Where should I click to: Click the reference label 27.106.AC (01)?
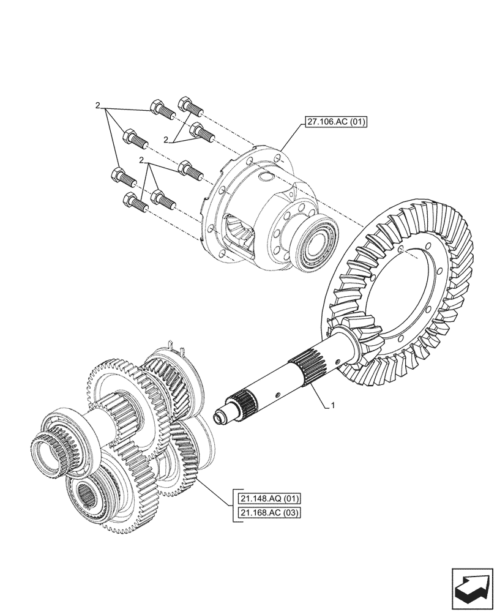tap(334, 122)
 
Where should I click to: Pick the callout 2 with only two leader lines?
tap(166, 141)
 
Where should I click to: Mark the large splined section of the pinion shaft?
tap(310, 370)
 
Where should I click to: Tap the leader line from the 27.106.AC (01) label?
tap(290, 140)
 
